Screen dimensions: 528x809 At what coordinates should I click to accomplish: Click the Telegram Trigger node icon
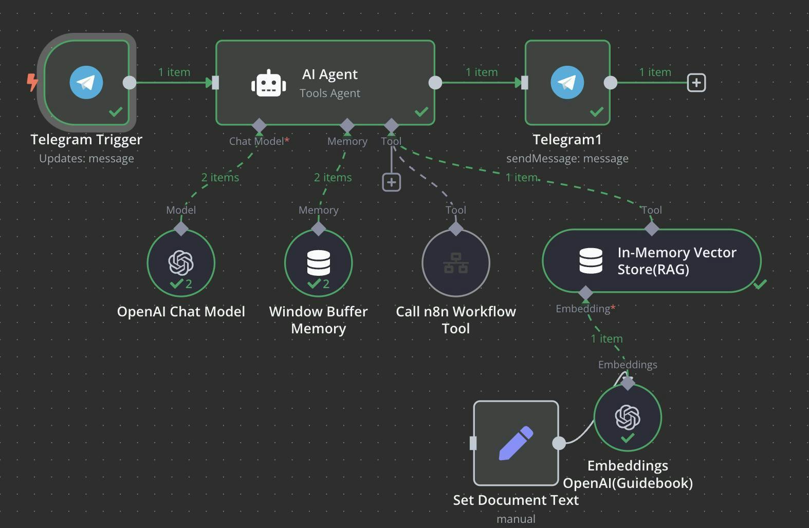click(x=86, y=82)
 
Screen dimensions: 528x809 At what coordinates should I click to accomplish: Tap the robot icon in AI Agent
click(x=268, y=83)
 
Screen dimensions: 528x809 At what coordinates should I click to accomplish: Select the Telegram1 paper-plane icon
click(x=567, y=82)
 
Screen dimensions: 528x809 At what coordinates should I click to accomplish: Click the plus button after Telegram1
click(x=696, y=83)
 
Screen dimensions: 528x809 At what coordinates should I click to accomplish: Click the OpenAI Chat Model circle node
click(x=181, y=262)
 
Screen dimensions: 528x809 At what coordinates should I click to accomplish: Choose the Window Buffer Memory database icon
click(x=318, y=262)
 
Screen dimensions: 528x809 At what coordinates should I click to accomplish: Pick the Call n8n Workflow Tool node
click(x=456, y=262)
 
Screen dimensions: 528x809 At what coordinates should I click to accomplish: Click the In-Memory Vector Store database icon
click(x=591, y=261)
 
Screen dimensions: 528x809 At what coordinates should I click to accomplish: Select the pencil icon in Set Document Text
click(x=516, y=442)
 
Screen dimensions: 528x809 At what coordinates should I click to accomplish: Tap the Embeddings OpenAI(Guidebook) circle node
click(x=628, y=417)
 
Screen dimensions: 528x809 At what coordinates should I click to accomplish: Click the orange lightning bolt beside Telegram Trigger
click(x=32, y=82)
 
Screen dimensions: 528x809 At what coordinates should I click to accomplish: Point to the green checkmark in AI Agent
click(x=421, y=111)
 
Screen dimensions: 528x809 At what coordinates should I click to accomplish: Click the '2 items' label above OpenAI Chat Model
click(x=220, y=178)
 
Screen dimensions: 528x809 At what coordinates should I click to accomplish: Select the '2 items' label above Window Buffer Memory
click(x=333, y=178)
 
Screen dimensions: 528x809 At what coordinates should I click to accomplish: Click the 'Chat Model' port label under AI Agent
click(x=256, y=141)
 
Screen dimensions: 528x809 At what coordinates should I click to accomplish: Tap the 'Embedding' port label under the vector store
click(x=583, y=309)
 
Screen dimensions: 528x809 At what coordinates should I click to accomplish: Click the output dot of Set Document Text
click(x=559, y=443)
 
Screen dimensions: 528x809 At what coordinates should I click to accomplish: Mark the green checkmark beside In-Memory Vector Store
click(x=760, y=284)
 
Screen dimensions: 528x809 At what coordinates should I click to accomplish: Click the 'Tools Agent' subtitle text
click(x=330, y=93)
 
